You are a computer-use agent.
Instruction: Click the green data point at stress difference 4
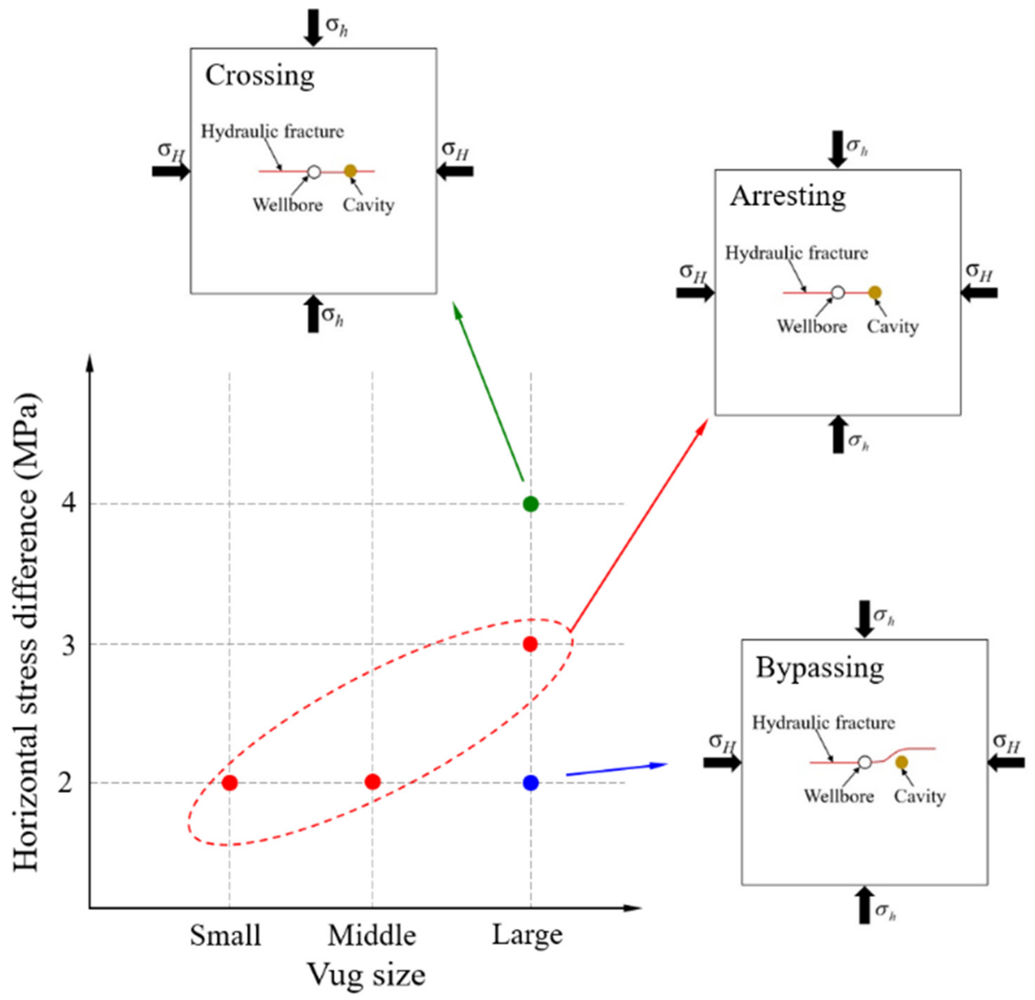click(531, 504)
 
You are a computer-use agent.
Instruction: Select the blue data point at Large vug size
click(531, 783)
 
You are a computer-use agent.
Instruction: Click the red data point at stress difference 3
click(530, 644)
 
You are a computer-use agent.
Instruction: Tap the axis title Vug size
click(367, 975)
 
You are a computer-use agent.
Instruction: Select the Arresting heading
click(788, 196)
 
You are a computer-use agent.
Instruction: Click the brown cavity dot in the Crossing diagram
click(350, 170)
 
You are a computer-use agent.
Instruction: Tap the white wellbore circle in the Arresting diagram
click(838, 292)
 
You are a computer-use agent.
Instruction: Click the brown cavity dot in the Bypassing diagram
click(901, 762)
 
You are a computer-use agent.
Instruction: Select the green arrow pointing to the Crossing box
click(489, 391)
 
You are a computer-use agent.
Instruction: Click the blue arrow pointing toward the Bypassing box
click(615, 770)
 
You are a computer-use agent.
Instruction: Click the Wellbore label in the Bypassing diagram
click(838, 796)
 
